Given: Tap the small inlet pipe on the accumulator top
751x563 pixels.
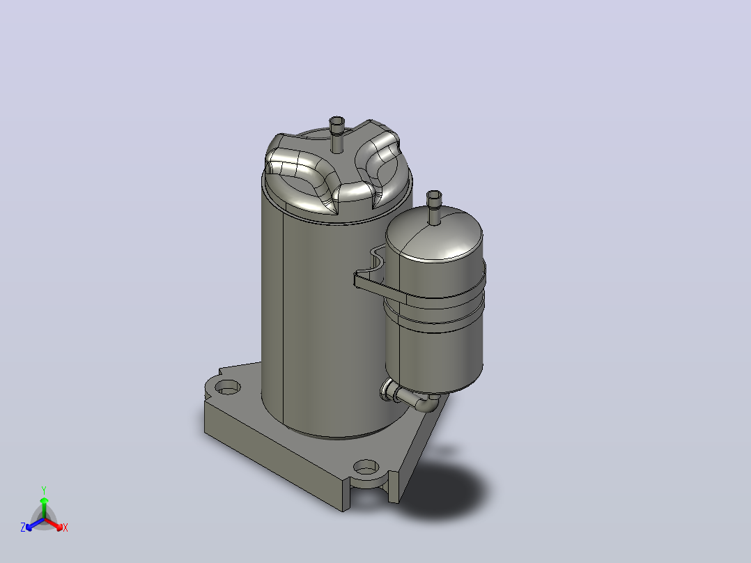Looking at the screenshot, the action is tap(434, 206).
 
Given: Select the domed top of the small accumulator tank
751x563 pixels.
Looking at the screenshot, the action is tap(434, 235).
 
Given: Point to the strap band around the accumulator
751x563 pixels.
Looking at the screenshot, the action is tap(421, 292).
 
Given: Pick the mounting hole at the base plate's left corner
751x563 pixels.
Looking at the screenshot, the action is tap(228, 387).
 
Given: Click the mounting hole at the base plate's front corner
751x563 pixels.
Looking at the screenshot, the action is tap(366, 467).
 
